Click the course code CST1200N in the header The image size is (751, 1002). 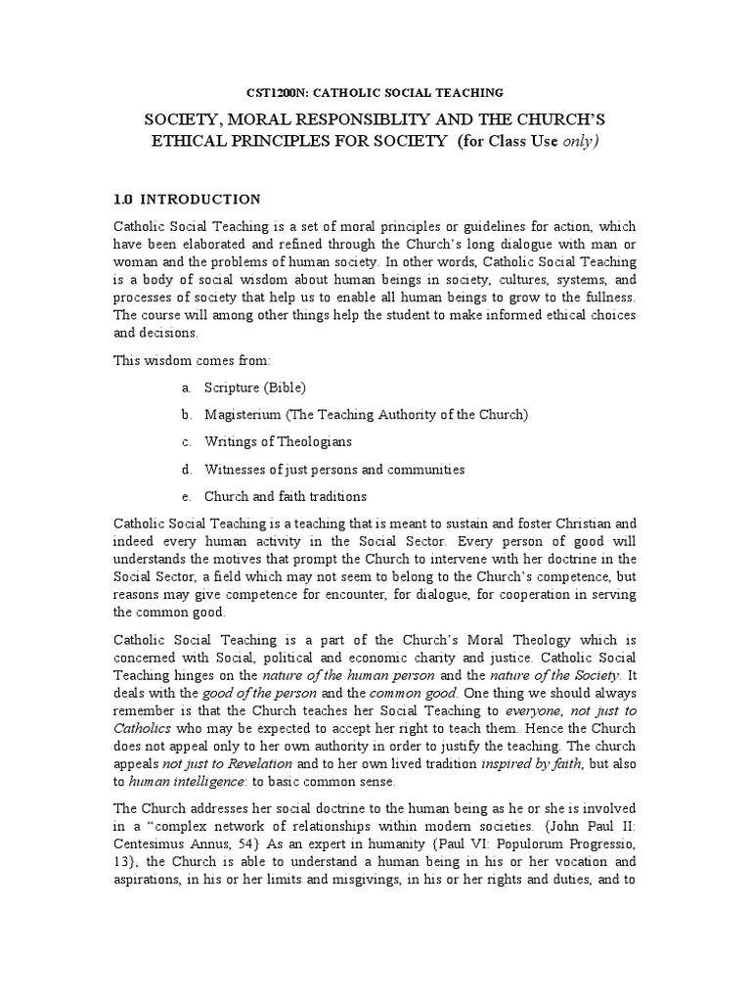pyautogui.click(x=276, y=92)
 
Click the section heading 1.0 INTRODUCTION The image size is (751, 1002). pyautogui.click(x=188, y=200)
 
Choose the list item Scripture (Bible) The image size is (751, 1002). pyautogui.click(x=255, y=387)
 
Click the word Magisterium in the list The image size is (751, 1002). pyautogui.click(x=242, y=415)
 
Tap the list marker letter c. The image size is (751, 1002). pyautogui.click(x=186, y=442)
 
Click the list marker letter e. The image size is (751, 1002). pyautogui.click(x=186, y=497)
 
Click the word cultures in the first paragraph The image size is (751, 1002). pyautogui.click(x=519, y=279)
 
